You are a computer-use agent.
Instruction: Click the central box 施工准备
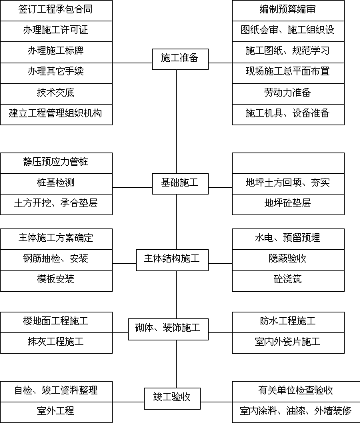180,59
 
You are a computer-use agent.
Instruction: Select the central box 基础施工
180,184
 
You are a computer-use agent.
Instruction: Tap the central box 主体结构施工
172,260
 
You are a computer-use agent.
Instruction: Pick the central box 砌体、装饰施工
168,329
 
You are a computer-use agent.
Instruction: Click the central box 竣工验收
172,399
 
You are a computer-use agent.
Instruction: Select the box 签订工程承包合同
56,11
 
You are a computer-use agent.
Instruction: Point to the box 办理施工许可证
56,31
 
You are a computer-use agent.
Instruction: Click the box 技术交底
56,94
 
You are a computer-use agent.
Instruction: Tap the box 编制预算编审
288,11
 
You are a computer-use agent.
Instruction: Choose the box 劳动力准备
288,94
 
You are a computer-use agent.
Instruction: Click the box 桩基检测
56,184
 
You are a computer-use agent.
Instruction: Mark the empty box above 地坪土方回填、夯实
288,163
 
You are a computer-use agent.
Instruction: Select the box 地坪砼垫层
288,205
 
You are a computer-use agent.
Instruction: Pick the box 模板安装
56,281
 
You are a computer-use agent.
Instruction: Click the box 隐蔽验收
288,260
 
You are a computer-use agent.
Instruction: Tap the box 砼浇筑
288,281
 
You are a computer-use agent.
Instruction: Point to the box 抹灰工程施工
56,343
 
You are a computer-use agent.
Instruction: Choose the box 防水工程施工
288,322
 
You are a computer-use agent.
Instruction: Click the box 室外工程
56,412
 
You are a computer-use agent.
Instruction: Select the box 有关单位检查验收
296,392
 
